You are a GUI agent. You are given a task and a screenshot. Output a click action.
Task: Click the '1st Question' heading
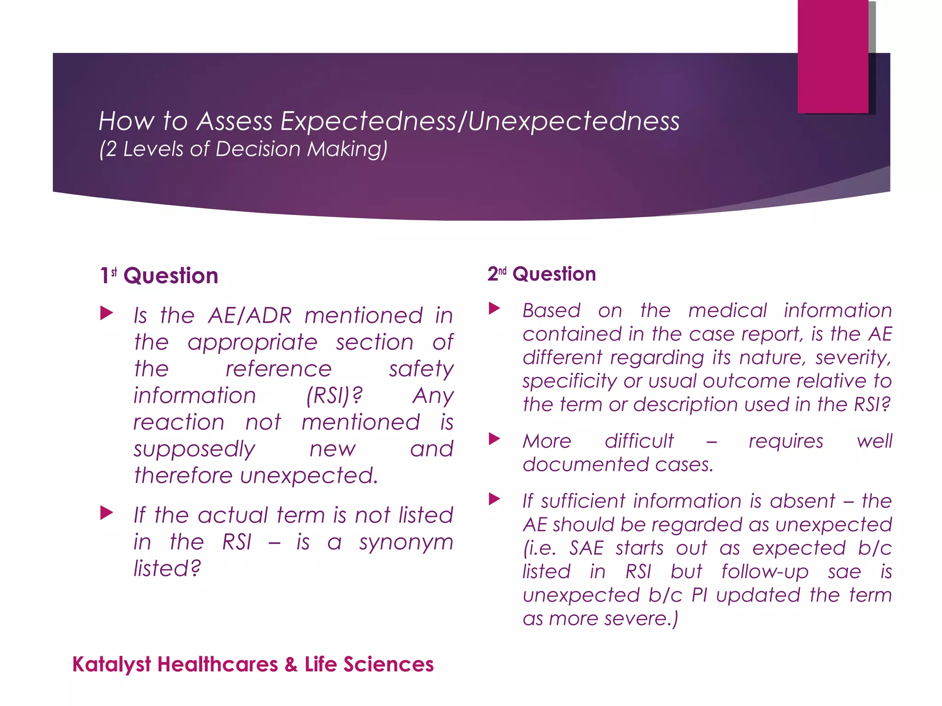pos(159,276)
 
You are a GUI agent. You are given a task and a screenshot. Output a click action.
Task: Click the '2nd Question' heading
pos(541,274)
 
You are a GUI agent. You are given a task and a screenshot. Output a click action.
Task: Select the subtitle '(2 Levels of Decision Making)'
pos(243,149)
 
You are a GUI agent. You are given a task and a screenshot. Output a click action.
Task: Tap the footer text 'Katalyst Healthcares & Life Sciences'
pos(253,665)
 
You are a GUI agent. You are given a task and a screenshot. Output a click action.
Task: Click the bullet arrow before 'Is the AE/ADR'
pos(107,314)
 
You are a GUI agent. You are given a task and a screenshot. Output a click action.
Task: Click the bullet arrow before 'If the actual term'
pos(107,513)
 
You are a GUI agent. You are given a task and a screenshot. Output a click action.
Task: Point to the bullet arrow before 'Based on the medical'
pos(494,308)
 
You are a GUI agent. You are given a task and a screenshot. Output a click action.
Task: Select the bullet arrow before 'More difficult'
pos(494,438)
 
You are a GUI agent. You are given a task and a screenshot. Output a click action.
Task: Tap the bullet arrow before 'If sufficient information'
pos(494,499)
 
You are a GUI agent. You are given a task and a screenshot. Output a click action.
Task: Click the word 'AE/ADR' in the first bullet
pos(250,316)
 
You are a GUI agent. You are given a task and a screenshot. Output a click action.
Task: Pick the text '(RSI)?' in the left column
pos(334,396)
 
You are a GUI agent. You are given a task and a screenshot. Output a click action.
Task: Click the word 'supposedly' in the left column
pos(194,449)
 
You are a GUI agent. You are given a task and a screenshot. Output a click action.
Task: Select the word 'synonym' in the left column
pos(406,542)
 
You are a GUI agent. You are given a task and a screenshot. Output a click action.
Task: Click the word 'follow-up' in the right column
pos(764,572)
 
